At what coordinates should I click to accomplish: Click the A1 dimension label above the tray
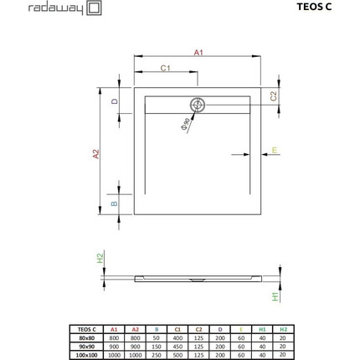click(198, 52)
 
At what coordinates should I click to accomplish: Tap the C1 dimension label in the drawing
click(166, 68)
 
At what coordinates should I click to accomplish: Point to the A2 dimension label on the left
click(96, 153)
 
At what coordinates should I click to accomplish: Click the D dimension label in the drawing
click(116, 102)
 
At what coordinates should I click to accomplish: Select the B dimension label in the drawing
click(116, 203)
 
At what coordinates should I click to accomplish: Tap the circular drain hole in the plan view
click(198, 105)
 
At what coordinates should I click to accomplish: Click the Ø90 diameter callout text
click(183, 126)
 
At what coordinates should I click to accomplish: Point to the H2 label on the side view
click(99, 258)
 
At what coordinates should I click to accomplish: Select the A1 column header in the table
click(115, 329)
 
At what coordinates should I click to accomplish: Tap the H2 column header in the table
click(282, 329)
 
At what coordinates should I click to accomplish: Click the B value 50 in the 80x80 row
click(157, 337)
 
